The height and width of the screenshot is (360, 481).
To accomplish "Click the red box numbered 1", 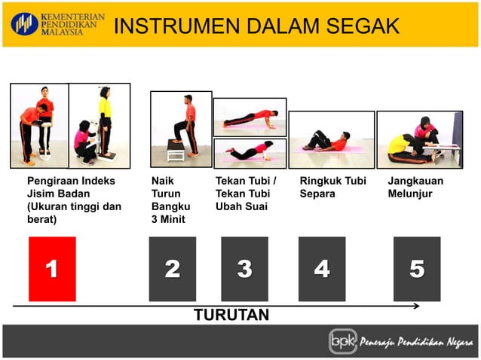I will [x=52, y=269].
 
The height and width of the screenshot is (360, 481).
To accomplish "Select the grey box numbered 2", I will [x=172, y=269].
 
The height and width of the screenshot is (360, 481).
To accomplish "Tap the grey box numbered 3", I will [x=244, y=269].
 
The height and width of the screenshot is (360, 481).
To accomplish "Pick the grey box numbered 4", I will [x=322, y=269].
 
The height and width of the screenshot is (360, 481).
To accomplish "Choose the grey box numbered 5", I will [x=417, y=269].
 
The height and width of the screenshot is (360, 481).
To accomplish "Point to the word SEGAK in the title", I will [x=363, y=26].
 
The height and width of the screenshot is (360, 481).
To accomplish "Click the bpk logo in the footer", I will [x=342, y=341].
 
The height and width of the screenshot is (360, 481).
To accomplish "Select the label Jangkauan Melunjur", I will [x=415, y=188].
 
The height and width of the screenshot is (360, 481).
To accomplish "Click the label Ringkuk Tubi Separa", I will [x=332, y=188].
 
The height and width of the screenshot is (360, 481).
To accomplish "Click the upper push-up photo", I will [x=250, y=117].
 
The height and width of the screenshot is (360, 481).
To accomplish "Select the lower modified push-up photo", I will [x=250, y=151].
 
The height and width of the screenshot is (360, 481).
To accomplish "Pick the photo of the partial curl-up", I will [x=331, y=139].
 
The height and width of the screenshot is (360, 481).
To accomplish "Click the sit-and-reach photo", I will [x=418, y=139].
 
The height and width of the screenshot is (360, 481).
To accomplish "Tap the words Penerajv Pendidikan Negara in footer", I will [x=415, y=342].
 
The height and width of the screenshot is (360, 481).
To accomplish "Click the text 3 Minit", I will [x=167, y=220].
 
